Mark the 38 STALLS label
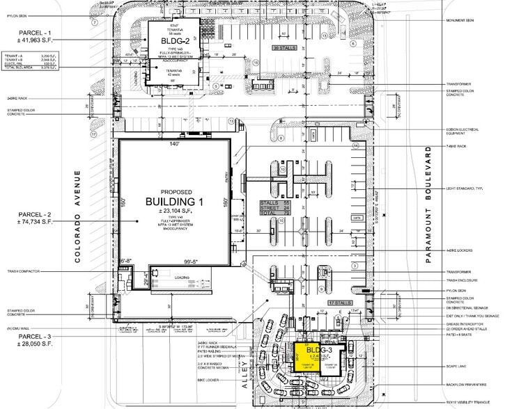click(284, 49)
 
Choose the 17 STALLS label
click(339, 303)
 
